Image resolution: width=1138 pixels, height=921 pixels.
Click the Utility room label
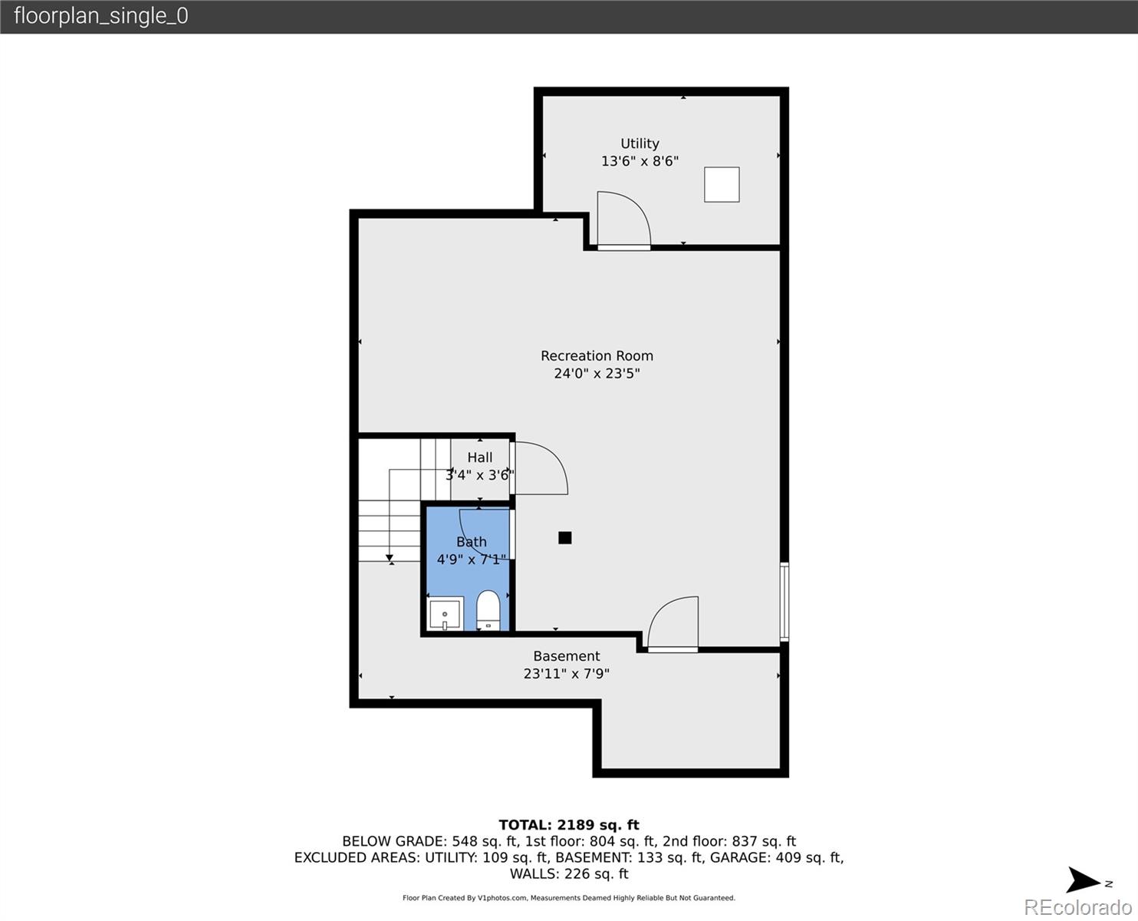coord(640,144)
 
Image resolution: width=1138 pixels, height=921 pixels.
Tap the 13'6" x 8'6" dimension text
coord(640,161)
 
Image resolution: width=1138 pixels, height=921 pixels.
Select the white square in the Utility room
coord(722,185)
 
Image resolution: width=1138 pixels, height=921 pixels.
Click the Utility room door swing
coord(623,220)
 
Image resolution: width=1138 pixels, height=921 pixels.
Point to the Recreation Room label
coord(597,356)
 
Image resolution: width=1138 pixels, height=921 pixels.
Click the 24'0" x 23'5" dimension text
coord(597,374)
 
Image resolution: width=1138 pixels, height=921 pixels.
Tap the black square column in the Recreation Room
coord(565,538)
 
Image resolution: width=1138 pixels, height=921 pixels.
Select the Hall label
coord(480,457)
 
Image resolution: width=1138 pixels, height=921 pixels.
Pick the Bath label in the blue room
coord(472,542)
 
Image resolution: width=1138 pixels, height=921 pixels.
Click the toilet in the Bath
coord(488,610)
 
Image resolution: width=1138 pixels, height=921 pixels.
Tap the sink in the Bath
coord(445,615)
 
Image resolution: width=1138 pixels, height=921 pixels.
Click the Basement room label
coord(567,656)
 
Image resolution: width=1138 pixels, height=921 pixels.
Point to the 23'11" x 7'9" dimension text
coord(567,674)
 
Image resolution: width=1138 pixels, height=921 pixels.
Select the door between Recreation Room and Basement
coord(673,625)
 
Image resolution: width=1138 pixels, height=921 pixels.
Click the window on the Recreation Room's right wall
coord(784,602)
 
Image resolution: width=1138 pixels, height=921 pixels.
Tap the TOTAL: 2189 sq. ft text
coord(569,825)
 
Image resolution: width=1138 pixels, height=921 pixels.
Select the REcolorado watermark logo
coord(1077,906)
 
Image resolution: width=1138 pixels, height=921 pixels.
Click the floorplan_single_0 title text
coord(101,16)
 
